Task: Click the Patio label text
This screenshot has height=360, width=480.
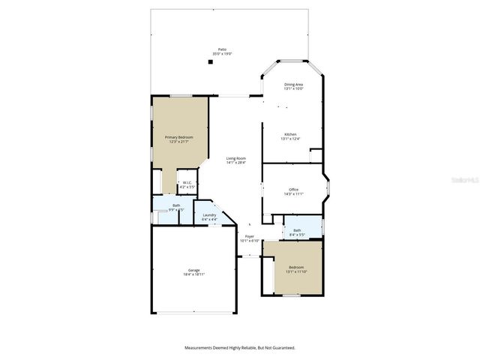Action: point(222,49)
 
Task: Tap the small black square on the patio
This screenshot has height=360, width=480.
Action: point(211,62)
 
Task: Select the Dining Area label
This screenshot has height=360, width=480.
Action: point(293,84)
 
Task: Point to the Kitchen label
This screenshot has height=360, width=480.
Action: point(289,134)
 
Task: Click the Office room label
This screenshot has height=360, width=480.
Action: point(293,189)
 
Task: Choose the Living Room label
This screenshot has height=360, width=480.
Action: point(236,157)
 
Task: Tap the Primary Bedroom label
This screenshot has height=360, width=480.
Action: point(179,136)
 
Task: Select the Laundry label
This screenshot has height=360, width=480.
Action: point(209,215)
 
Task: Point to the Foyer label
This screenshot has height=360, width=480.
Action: point(249,236)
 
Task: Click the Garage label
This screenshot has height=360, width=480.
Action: point(193,270)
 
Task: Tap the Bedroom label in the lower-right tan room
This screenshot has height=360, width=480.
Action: point(297,267)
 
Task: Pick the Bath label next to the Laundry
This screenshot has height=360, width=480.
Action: point(176,205)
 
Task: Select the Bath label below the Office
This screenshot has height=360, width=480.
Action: point(297,230)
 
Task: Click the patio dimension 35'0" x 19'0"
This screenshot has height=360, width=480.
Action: point(222,54)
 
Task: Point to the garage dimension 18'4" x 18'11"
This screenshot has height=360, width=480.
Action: point(193,274)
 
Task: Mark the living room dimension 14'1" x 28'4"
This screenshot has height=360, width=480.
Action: point(236,162)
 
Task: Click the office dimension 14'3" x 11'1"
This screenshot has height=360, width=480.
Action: point(293,193)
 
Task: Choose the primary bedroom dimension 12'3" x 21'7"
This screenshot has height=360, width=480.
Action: point(179,141)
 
